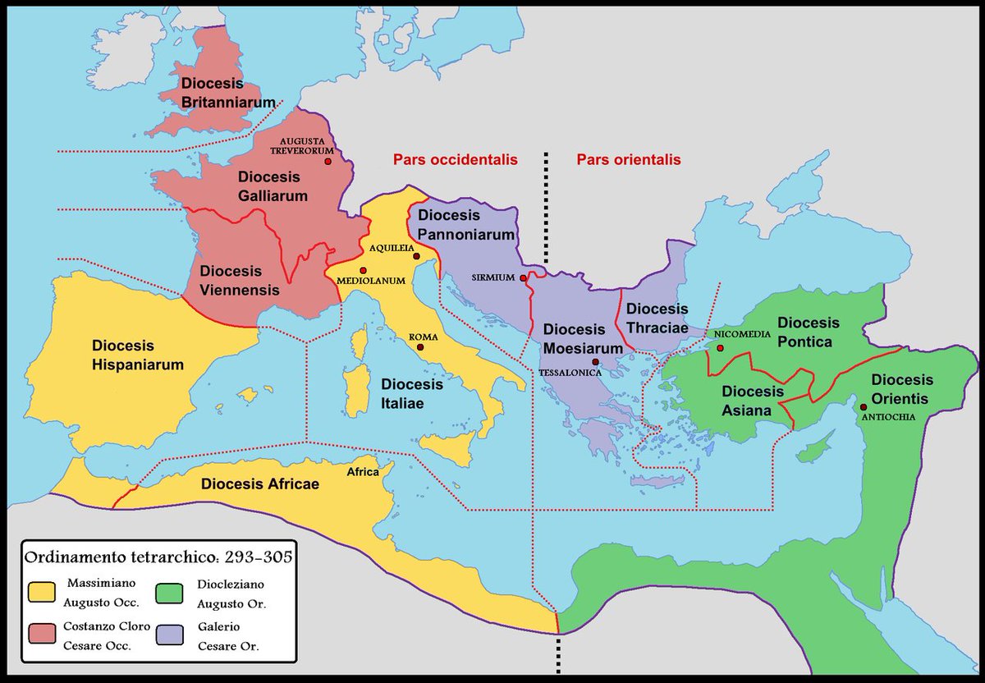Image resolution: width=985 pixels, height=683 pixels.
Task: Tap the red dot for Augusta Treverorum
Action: (328, 162)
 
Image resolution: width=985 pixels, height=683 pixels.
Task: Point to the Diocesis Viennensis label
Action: (241, 280)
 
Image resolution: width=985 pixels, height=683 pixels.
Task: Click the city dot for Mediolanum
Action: (362, 270)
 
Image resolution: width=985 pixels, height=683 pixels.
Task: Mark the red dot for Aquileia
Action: (416, 257)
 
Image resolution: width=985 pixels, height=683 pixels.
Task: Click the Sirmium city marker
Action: (523, 278)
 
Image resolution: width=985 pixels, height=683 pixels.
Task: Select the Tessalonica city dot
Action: (593, 362)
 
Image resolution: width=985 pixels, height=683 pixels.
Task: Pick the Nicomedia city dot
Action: (720, 348)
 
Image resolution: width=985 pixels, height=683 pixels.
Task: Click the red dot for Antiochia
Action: (863, 407)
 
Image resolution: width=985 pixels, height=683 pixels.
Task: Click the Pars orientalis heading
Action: (629, 160)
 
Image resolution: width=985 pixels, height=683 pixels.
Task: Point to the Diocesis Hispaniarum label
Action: (137, 355)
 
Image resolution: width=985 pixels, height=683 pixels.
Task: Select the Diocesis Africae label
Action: (260, 484)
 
